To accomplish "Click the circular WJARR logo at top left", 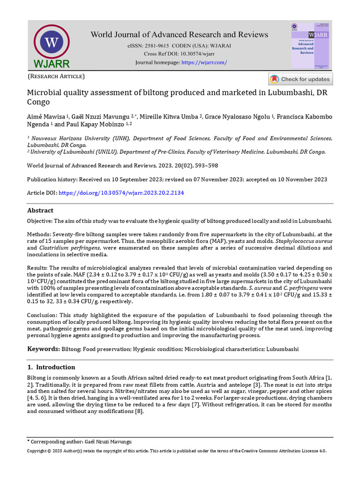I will (x=51, y=44).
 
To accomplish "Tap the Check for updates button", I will (x=300, y=79).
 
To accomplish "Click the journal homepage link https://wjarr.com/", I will (x=204, y=62).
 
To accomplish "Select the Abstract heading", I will (x=40, y=210).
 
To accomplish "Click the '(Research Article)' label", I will (x=56, y=76).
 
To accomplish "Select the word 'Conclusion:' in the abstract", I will (x=42, y=315).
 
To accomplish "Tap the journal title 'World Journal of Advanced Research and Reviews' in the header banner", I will (x=179, y=35).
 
